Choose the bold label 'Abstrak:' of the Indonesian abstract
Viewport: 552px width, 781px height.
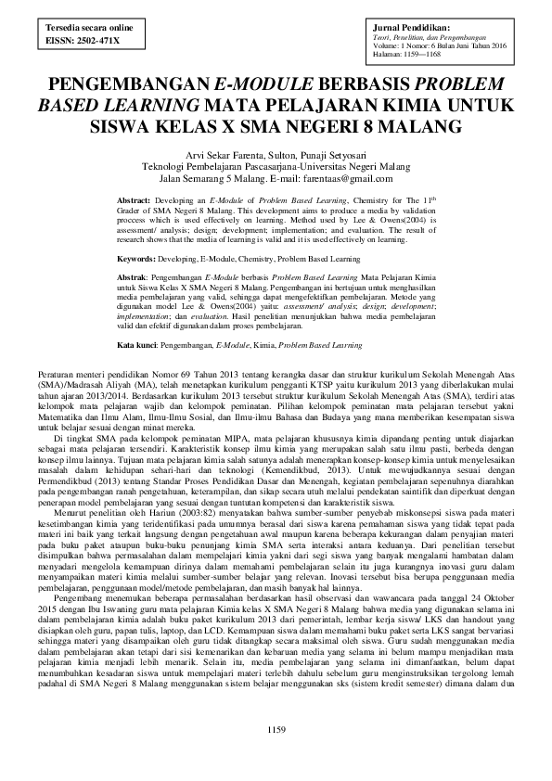pyautogui.click(x=137, y=277)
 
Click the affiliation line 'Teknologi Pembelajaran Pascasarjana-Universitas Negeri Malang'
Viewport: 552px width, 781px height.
pyautogui.click(x=276, y=165)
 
